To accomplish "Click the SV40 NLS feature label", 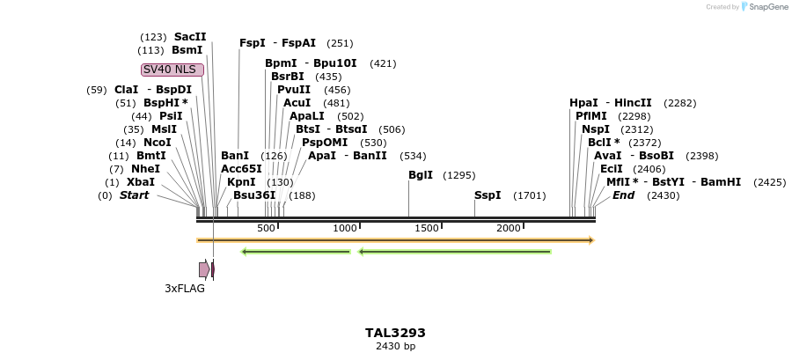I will pyautogui.click(x=172, y=70).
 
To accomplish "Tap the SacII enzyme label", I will pyautogui.click(x=190, y=37).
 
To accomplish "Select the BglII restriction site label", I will pyautogui.click(x=421, y=175).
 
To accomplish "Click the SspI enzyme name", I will pyautogui.click(x=488, y=195).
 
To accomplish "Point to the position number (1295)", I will pyautogui.click(x=459, y=175).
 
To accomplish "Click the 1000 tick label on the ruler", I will pyautogui.click(x=345, y=229).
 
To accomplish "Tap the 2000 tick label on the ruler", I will pyautogui.click(x=510, y=229).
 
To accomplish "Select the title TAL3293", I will pyautogui.click(x=395, y=333).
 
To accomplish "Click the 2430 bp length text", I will pyautogui.click(x=395, y=346).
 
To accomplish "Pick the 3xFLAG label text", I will pyautogui.click(x=185, y=288).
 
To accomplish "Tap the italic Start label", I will pyautogui.click(x=134, y=195).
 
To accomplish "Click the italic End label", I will pyautogui.click(x=623, y=195).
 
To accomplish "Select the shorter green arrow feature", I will pyautogui.click(x=296, y=252).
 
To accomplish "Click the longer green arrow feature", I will pyautogui.click(x=455, y=252).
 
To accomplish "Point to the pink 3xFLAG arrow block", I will pyautogui.click(x=203, y=269).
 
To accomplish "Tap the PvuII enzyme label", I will pyautogui.click(x=294, y=90).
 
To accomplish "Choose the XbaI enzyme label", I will pyautogui.click(x=141, y=182).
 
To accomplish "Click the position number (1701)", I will pyautogui.click(x=530, y=195).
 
